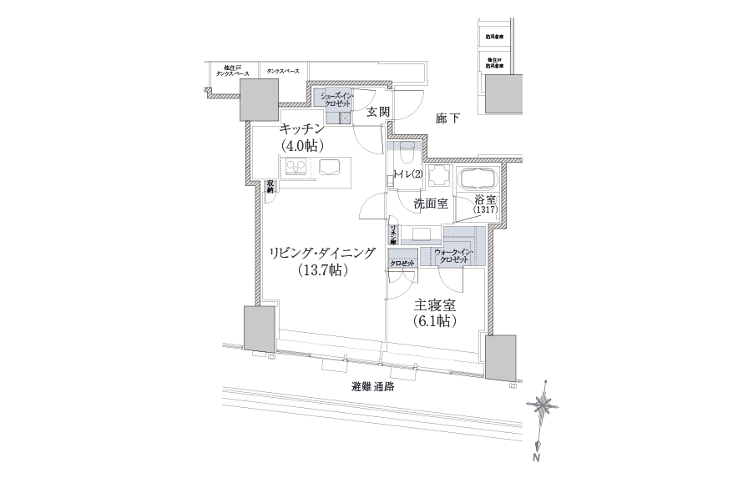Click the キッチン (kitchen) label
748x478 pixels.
(301, 128)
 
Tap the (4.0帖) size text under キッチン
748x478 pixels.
(301, 144)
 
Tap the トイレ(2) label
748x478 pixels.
(407, 174)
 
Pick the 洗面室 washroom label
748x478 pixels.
(430, 203)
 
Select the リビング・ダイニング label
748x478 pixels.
(322, 253)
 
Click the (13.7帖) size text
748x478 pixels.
(322, 270)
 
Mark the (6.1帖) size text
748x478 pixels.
(432, 320)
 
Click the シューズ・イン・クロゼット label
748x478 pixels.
(337, 100)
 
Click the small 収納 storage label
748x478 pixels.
(270, 188)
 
